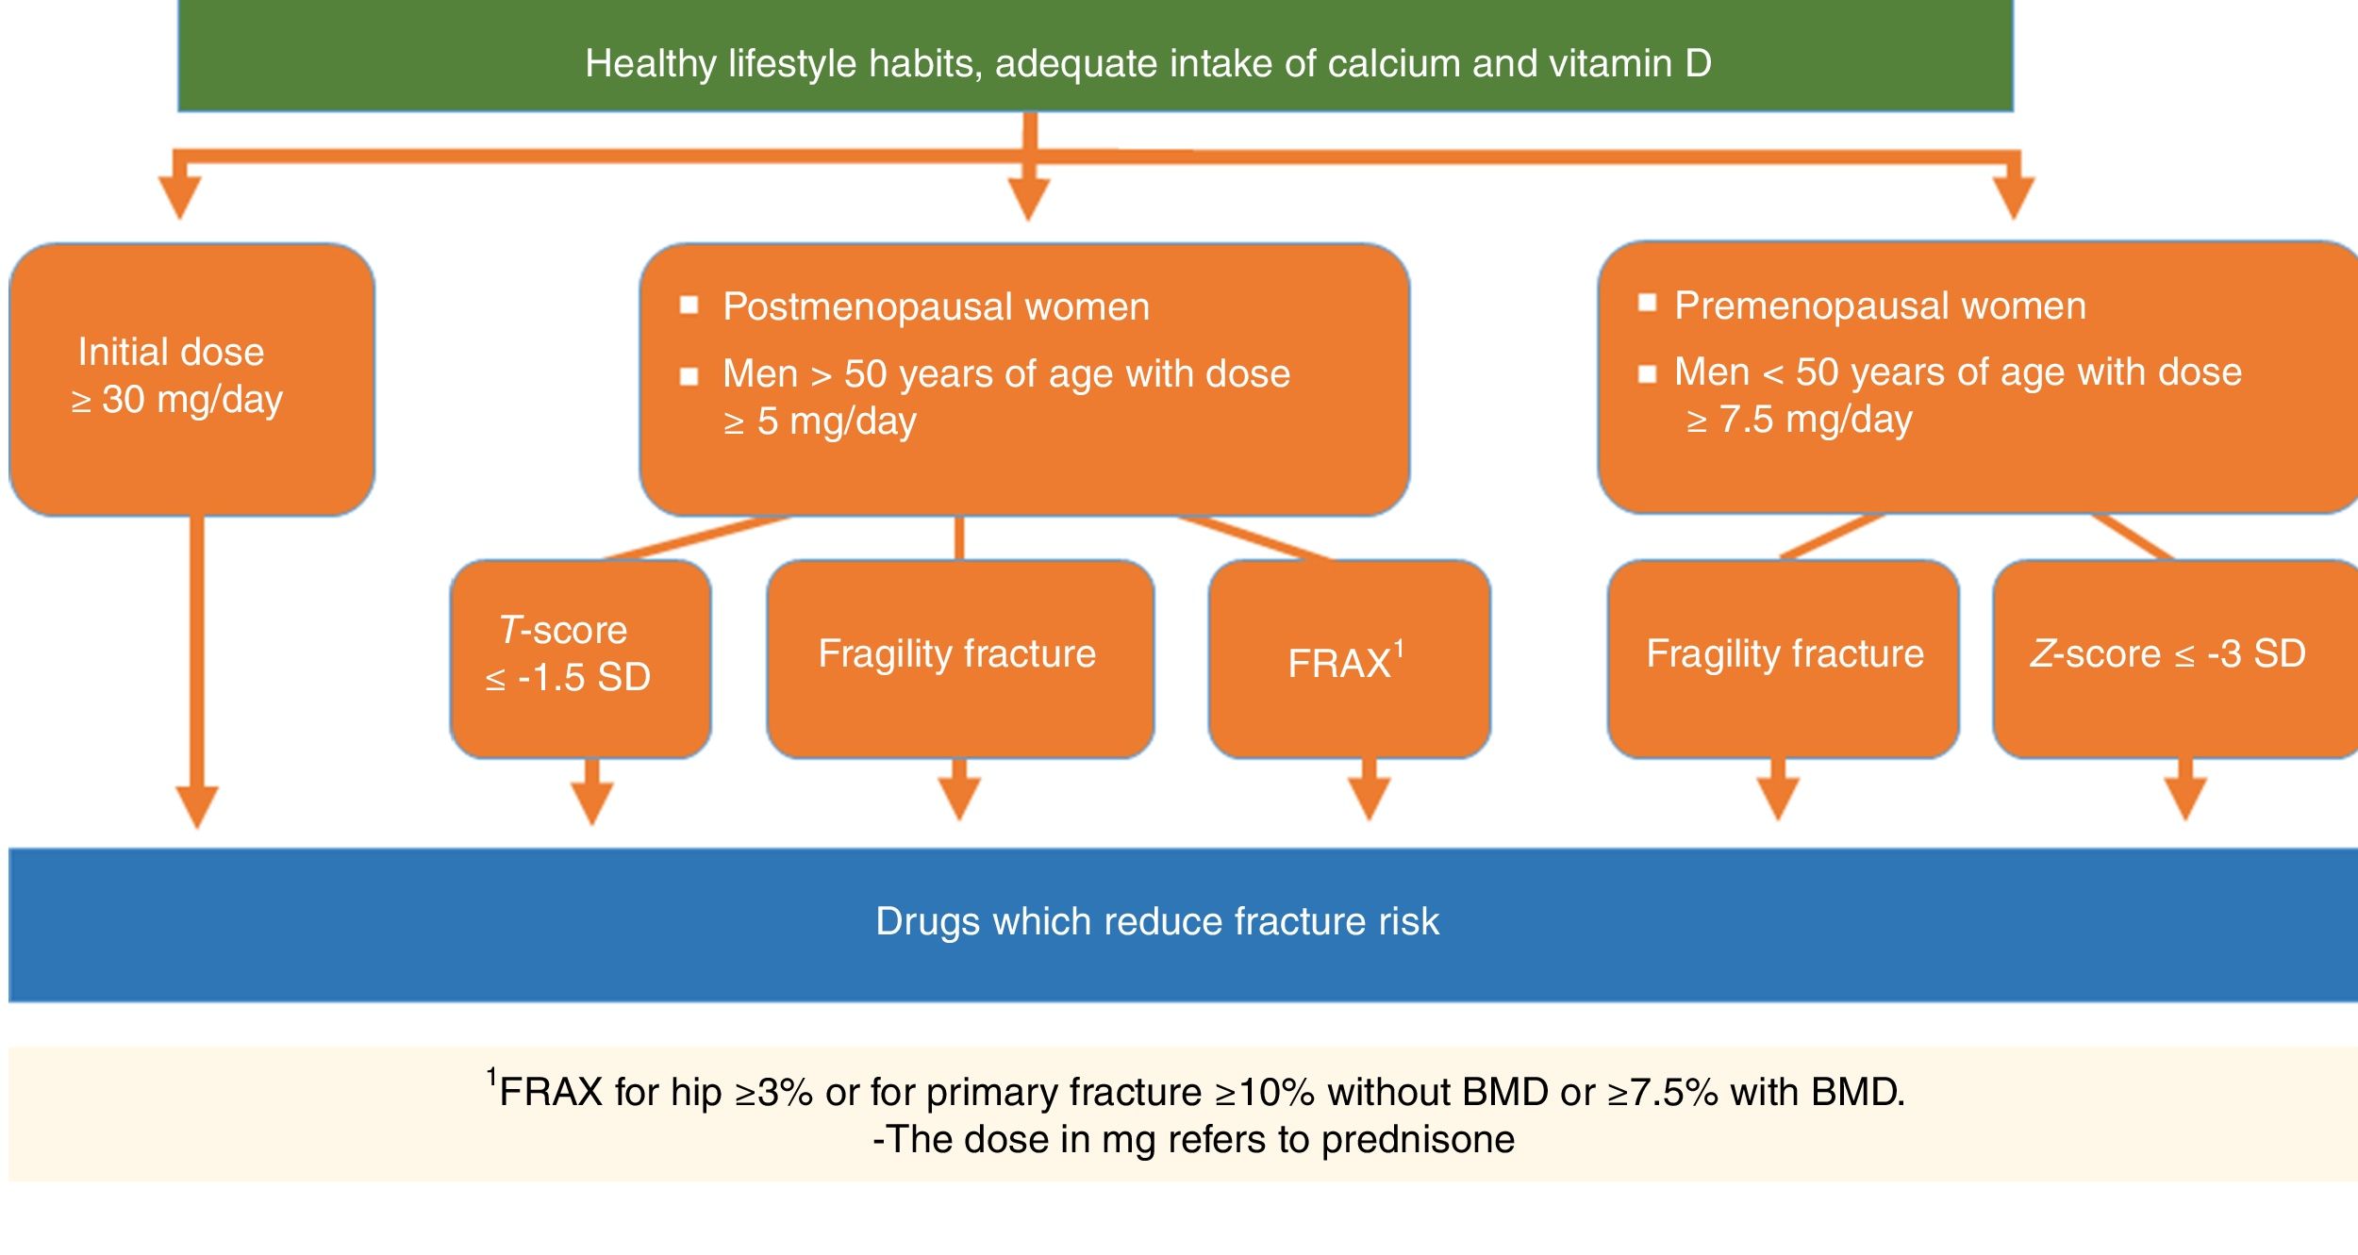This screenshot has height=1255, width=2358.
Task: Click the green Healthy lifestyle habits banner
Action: pos(1094,57)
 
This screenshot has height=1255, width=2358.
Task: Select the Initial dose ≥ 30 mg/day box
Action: pos(191,379)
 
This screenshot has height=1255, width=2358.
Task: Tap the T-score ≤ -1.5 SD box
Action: pos(580,658)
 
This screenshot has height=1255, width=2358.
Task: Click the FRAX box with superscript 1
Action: pos(1349,658)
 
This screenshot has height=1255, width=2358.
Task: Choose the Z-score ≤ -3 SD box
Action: pos(2174,658)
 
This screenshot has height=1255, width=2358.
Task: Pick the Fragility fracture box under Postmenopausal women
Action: pos(959,658)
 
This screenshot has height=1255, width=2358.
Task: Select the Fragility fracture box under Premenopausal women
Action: pos(1783,658)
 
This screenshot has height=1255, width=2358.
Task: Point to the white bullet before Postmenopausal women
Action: pos(689,305)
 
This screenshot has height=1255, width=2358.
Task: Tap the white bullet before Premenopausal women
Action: pos(1647,303)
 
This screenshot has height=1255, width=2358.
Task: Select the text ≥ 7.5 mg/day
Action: pos(1800,420)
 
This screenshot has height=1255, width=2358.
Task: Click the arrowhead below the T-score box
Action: pos(592,803)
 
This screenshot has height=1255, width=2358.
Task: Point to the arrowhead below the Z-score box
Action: pos(2185,801)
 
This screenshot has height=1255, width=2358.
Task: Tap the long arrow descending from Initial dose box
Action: pos(197,660)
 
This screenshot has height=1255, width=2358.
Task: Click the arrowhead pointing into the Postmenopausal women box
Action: pos(1029,199)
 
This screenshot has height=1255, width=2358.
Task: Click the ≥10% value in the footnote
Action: pos(1264,1093)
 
